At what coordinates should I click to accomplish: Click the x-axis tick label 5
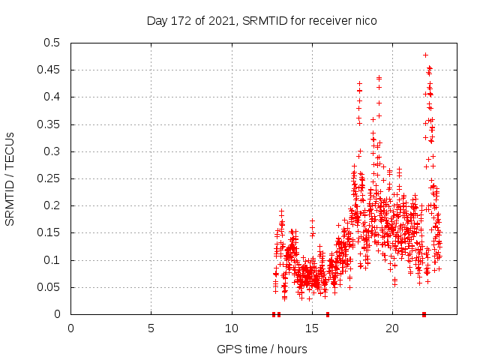(151, 328)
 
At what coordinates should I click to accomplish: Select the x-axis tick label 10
(232, 328)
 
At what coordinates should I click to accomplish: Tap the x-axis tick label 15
(312, 328)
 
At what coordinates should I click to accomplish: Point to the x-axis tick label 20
(392, 328)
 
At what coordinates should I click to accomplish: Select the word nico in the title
(364, 21)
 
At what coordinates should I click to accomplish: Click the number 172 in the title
(182, 21)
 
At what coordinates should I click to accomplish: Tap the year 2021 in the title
(223, 21)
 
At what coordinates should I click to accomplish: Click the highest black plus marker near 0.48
(425, 55)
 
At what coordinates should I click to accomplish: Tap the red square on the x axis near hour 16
(328, 314)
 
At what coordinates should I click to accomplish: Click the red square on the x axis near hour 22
(424, 314)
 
